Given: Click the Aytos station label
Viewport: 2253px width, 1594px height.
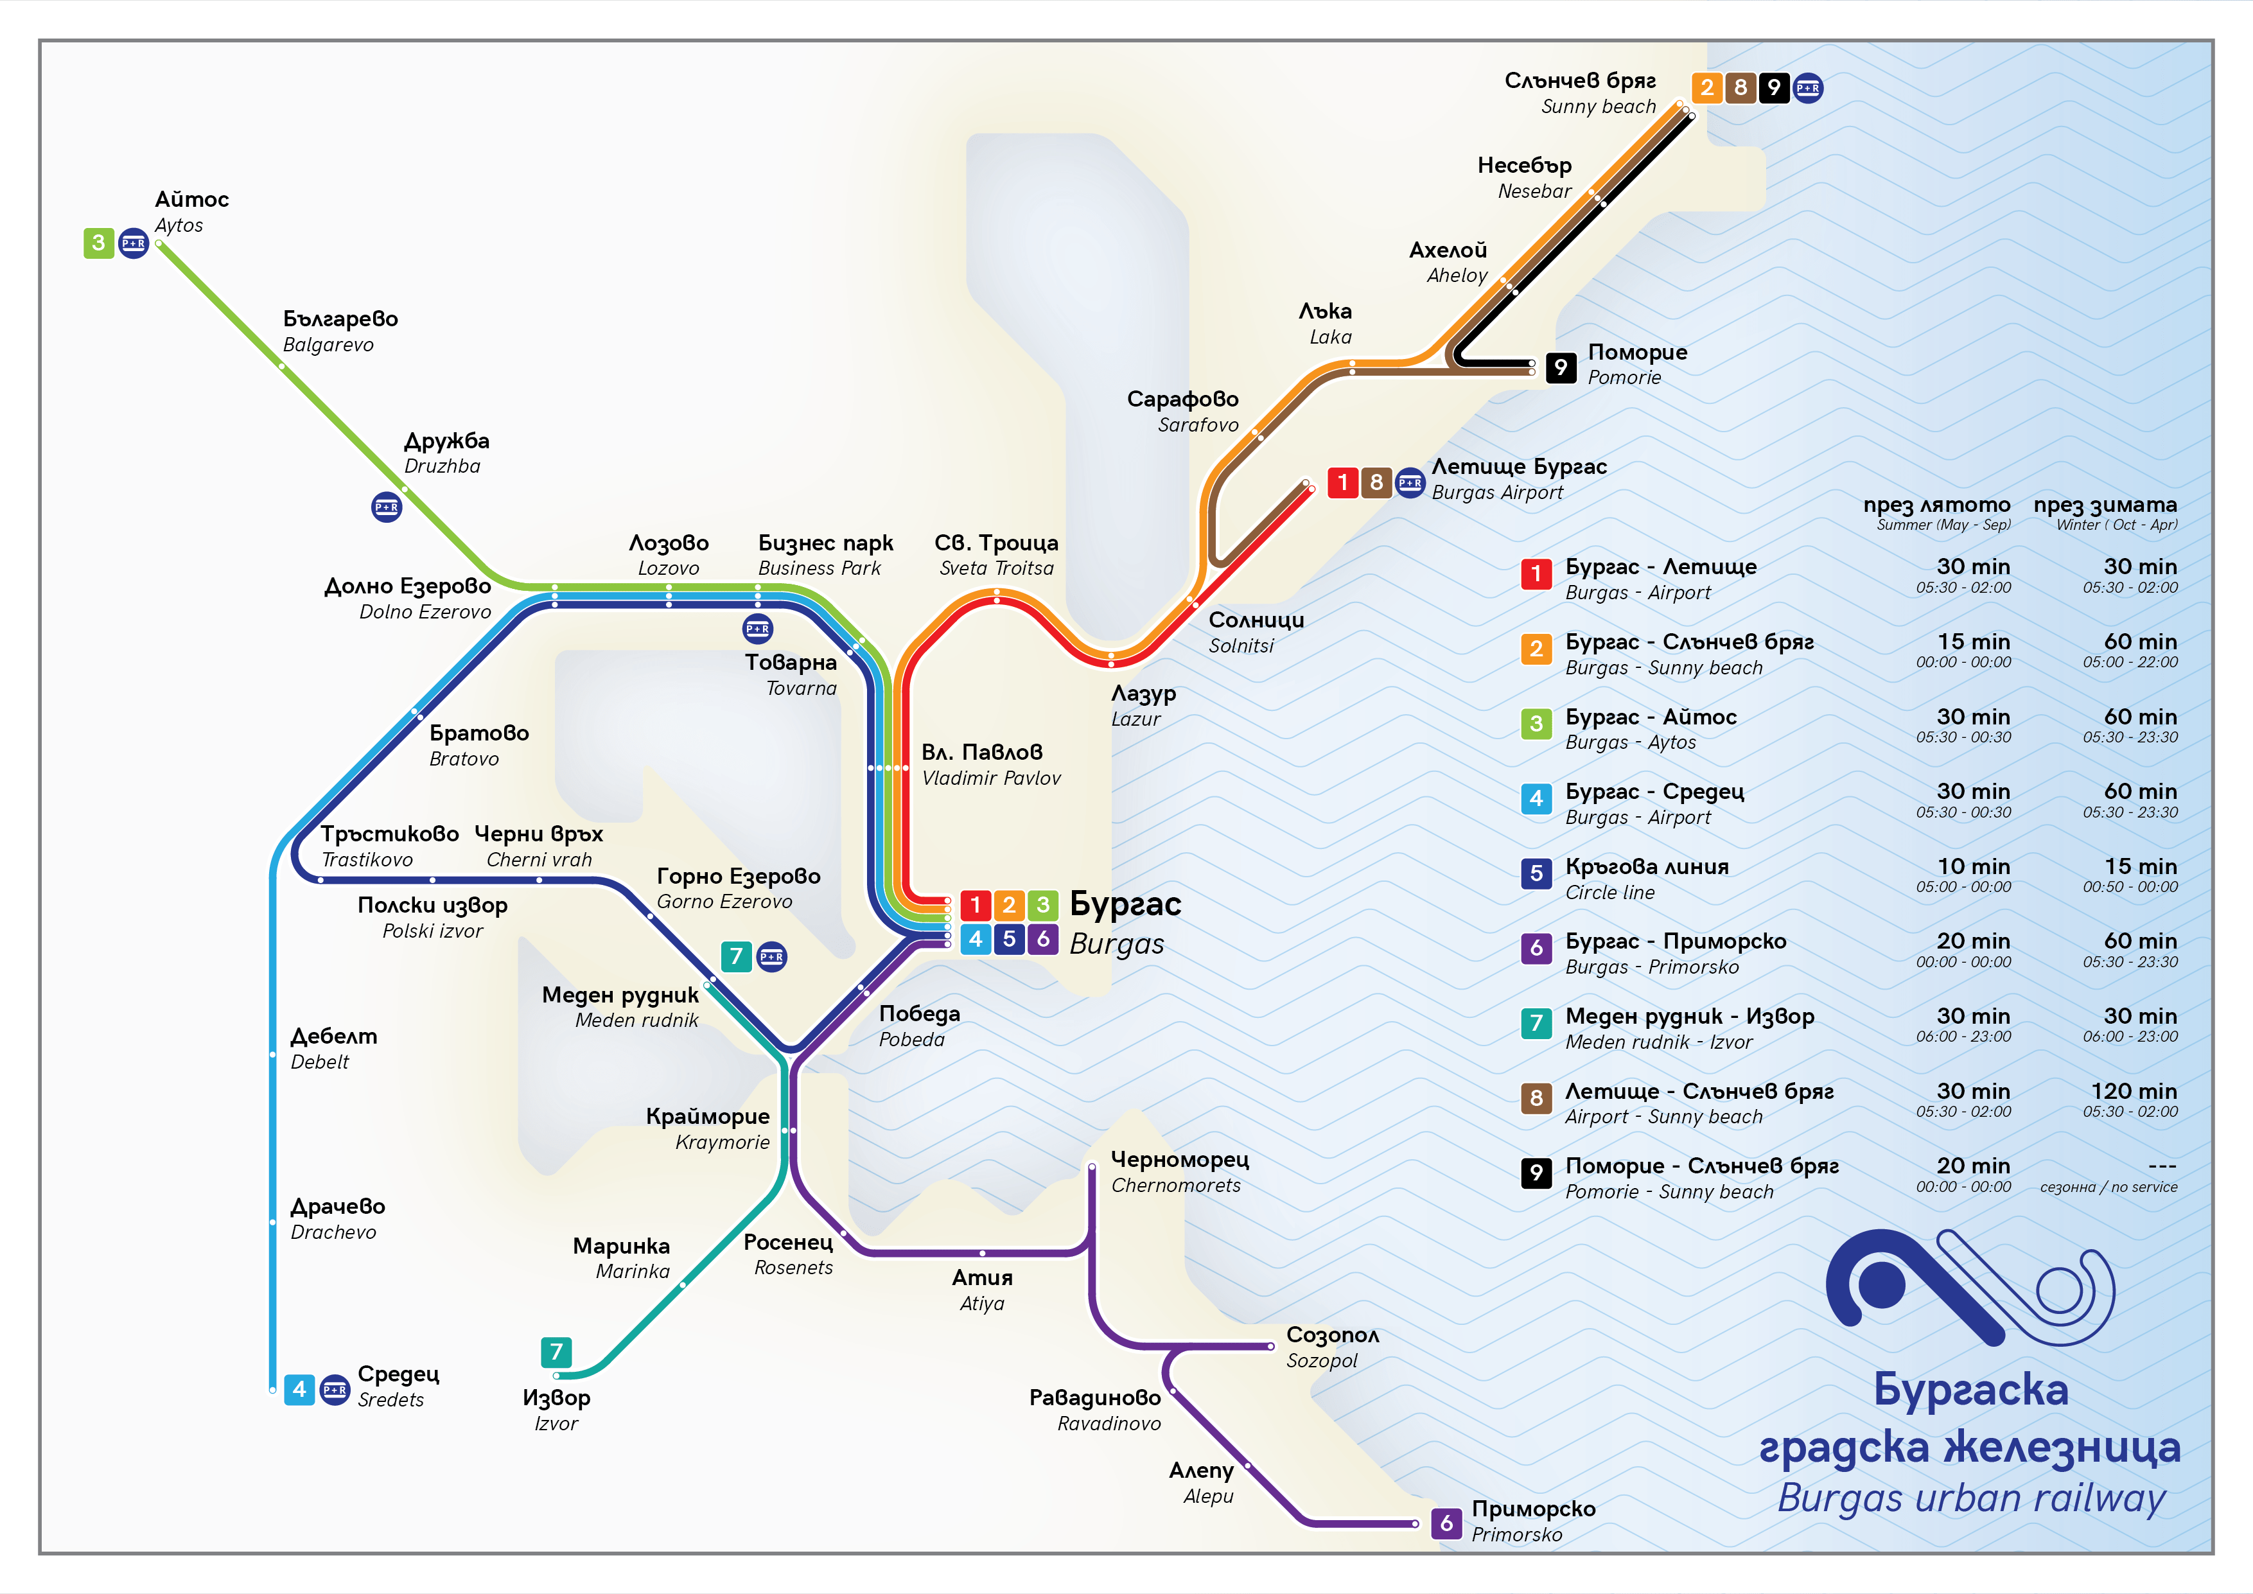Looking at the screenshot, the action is coord(191,211).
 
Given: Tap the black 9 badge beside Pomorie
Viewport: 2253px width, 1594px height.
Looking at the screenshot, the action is coord(1560,367).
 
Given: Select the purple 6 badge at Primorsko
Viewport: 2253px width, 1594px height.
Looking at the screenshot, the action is coord(1446,1522).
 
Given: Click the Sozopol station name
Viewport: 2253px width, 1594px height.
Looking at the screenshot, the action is coord(1331,1347).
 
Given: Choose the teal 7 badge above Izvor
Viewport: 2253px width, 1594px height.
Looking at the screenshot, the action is coord(556,1352).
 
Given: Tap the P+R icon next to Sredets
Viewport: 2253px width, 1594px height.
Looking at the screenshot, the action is coord(335,1390).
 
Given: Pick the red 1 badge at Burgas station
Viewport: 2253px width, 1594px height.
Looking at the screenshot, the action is coord(976,904).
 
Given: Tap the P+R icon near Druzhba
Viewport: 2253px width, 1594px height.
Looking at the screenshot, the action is coord(387,507).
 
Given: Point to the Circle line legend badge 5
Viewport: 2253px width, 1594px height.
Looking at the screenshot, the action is coord(1536,873).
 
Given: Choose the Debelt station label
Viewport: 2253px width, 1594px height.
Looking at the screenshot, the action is coord(333,1048).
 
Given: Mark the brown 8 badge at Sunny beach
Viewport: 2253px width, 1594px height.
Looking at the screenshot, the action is coord(1740,87).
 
